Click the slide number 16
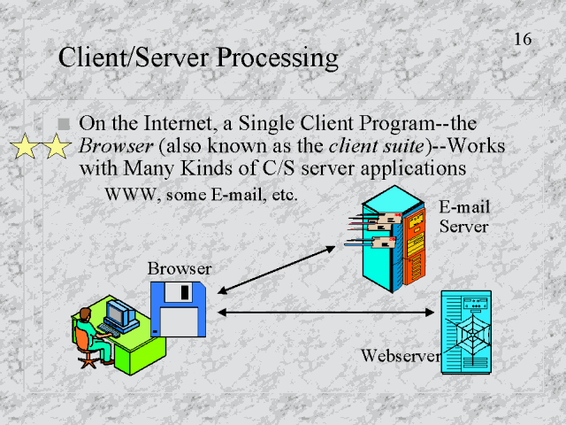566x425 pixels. coord(522,39)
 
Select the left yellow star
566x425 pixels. coord(27,147)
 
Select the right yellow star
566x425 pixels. coord(57,147)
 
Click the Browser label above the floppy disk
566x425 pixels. coord(180,268)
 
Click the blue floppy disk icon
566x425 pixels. coord(179,309)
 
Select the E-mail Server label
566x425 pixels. coord(464,217)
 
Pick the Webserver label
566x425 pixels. coord(401,356)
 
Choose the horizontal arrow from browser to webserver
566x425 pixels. coord(327,311)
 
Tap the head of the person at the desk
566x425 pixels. coord(85,315)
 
